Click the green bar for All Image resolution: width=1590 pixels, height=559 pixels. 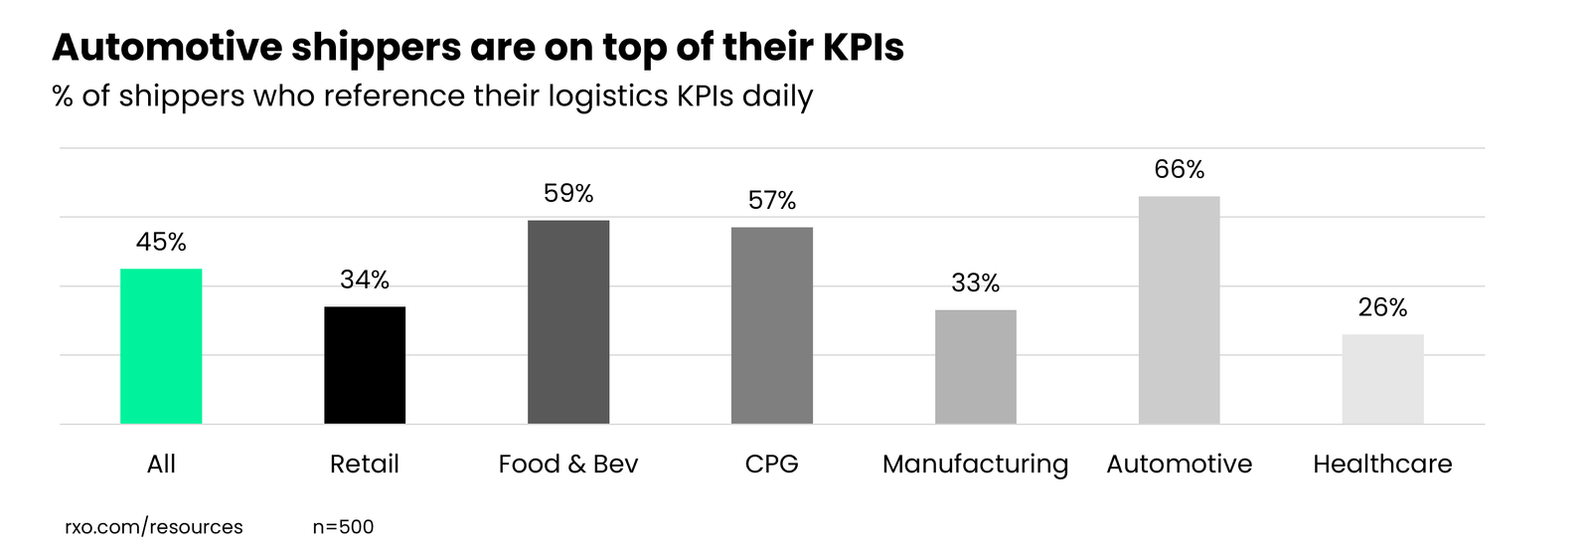pos(161,346)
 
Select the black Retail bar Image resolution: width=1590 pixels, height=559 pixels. pos(365,365)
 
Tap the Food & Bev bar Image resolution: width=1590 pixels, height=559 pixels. pos(568,321)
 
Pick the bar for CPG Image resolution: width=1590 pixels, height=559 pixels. pos(772,325)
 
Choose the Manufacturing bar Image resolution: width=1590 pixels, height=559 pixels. pos(976,367)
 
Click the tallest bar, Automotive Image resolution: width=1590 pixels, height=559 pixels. pos(1180,309)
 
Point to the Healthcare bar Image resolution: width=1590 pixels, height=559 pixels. pos(1382,379)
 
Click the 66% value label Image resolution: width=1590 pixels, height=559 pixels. pos(1180,170)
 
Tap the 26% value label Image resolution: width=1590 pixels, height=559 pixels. pos(1382,308)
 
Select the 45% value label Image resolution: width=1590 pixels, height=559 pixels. pos(161,243)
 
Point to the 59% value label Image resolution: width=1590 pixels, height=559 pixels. pos(568,194)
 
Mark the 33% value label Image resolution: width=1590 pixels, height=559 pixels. pos(976,283)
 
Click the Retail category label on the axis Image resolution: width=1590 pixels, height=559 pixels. pos(365,465)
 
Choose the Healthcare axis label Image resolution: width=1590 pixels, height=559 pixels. pos(1382,465)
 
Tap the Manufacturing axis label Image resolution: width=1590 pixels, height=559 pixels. pos(976,465)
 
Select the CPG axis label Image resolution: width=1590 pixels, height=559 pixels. pos(772,465)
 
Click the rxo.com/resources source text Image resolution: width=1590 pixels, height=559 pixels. pos(154,527)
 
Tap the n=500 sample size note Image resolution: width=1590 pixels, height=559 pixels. pos(343,527)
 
